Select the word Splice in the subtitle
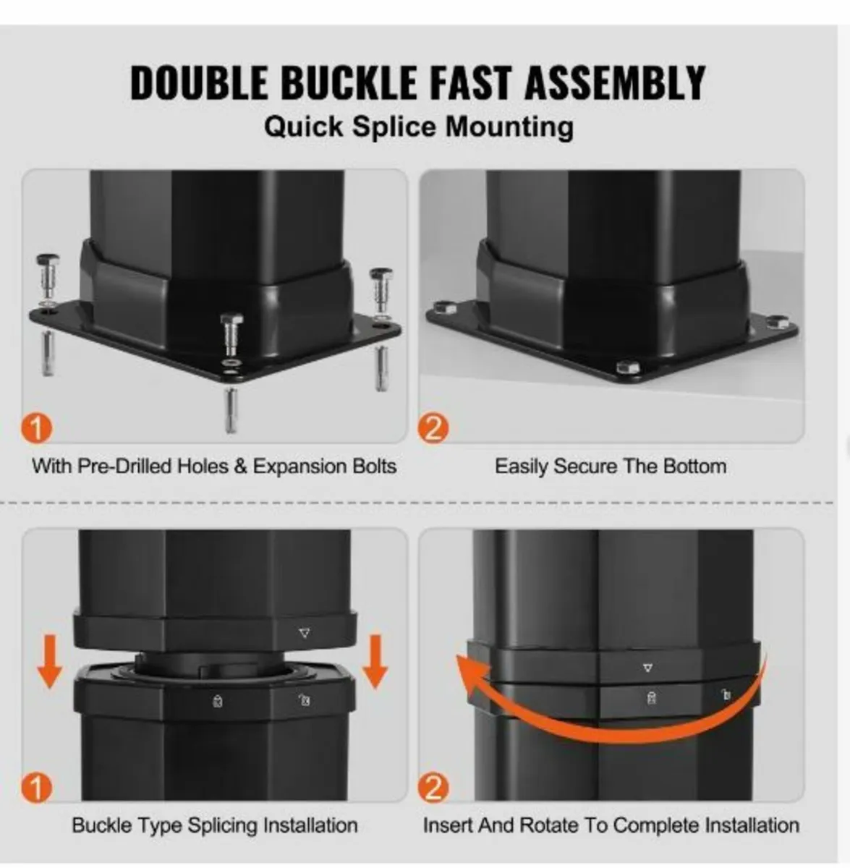tap(394, 127)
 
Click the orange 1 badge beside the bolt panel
tap(37, 428)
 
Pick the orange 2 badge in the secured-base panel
tap(433, 428)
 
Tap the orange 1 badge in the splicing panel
tap(37, 788)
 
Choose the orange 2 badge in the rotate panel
tap(433, 788)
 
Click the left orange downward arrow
tap(50, 662)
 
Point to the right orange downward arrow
tap(375, 662)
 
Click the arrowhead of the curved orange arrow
tap(471, 676)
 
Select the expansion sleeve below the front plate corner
tap(231, 411)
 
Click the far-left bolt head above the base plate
tap(47, 260)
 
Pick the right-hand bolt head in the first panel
tap(381, 274)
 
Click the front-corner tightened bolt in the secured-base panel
tap(628, 367)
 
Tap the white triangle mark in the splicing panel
tap(305, 633)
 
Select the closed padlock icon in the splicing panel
tap(218, 701)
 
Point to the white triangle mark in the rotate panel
tap(647, 668)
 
